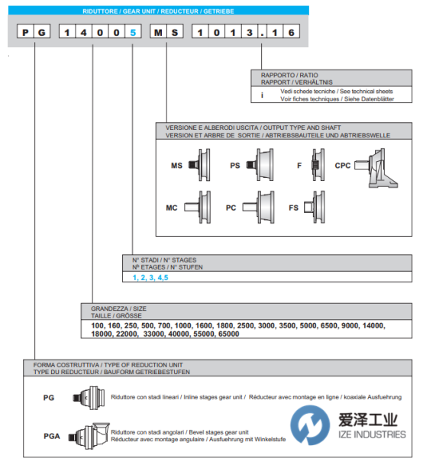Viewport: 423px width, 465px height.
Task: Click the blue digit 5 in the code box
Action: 133,32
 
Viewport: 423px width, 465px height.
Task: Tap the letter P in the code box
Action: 25,32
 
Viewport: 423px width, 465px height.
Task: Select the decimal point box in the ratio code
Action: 262,31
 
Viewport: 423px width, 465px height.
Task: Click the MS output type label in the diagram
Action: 177,166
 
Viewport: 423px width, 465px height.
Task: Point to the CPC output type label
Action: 343,166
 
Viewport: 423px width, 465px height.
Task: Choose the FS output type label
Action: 293,208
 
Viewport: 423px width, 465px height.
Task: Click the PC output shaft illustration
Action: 258,207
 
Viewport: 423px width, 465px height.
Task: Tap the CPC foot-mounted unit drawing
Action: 376,168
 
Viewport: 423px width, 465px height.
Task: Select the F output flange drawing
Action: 318,165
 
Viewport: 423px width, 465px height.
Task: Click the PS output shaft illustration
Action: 260,165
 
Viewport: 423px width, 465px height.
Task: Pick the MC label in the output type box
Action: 172,208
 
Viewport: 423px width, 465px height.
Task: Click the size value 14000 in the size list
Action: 373,325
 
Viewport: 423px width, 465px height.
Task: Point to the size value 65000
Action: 229,334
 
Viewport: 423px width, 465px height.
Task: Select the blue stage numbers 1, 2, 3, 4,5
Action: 150,278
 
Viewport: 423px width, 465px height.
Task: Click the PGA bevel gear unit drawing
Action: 89,436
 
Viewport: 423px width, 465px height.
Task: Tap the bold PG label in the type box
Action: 49,398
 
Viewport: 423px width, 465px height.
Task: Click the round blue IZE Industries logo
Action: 310,425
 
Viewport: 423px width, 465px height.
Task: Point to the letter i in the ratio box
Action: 262,95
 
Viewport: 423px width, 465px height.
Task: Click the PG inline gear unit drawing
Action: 89,398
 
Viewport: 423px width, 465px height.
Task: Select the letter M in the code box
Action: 158,32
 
